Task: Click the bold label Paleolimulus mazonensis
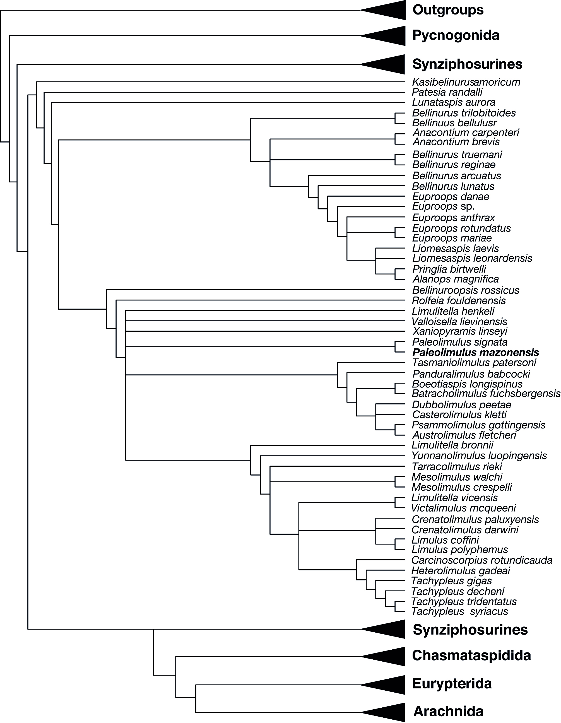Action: point(476,352)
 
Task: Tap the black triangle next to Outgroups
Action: point(387,10)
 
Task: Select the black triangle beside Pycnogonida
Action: point(387,36)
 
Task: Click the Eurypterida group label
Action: point(452,683)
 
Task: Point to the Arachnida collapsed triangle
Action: point(387,711)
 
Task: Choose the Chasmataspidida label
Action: point(471,655)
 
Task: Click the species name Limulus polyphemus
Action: point(460,550)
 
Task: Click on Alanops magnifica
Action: point(456,279)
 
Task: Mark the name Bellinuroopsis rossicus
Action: point(466,290)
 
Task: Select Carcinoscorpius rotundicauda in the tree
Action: point(482,560)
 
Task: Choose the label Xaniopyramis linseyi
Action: point(460,331)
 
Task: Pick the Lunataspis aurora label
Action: point(454,102)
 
